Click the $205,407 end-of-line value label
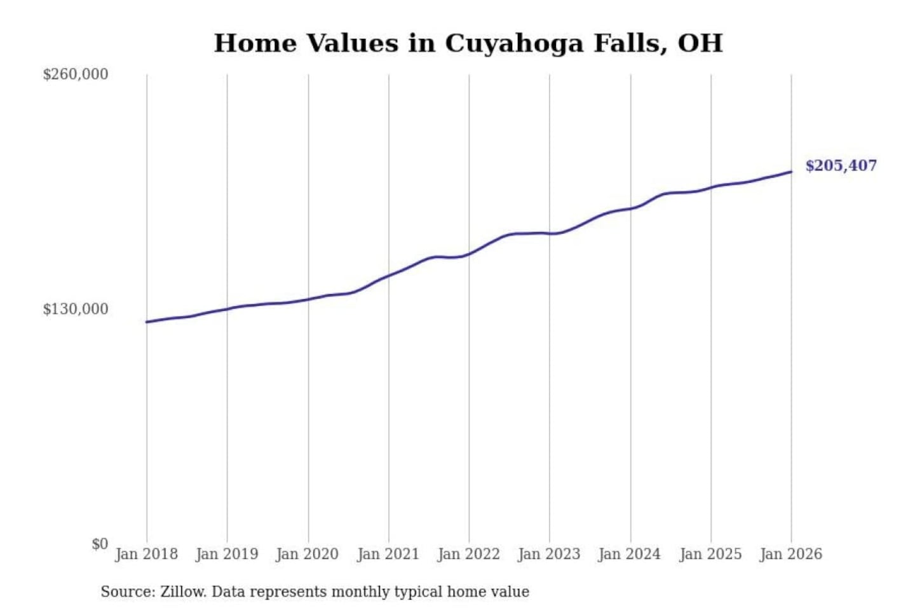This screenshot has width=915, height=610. click(841, 166)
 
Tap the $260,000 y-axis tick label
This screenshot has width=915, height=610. click(76, 74)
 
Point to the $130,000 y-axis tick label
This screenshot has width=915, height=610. click(76, 309)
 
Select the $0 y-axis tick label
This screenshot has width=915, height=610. click(100, 544)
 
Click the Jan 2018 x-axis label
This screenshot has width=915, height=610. click(146, 554)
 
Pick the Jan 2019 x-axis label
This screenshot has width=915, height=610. click(227, 554)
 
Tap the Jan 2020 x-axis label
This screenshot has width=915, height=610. click(308, 554)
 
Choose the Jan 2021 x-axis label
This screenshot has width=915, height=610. click(388, 554)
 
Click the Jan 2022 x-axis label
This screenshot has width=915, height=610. click(469, 554)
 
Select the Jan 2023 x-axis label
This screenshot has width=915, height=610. click(549, 554)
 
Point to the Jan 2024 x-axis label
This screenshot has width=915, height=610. click(630, 554)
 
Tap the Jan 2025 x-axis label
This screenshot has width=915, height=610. click(710, 554)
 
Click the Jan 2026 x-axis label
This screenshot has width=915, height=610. click(791, 554)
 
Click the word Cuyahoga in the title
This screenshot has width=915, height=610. click(513, 43)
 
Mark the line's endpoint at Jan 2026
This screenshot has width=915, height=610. click(791, 172)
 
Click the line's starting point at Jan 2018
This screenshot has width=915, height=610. click(147, 322)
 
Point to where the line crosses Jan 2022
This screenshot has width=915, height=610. click(469, 254)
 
